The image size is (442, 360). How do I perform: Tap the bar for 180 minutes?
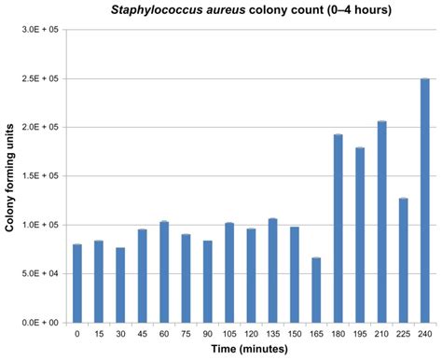[338, 228]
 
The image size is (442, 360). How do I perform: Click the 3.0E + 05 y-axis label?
[38, 30]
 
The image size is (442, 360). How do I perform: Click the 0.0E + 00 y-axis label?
[38, 323]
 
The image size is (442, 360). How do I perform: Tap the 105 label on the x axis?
[229, 333]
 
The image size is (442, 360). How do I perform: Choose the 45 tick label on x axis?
[143, 333]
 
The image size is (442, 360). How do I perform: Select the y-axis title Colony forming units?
[9, 176]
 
